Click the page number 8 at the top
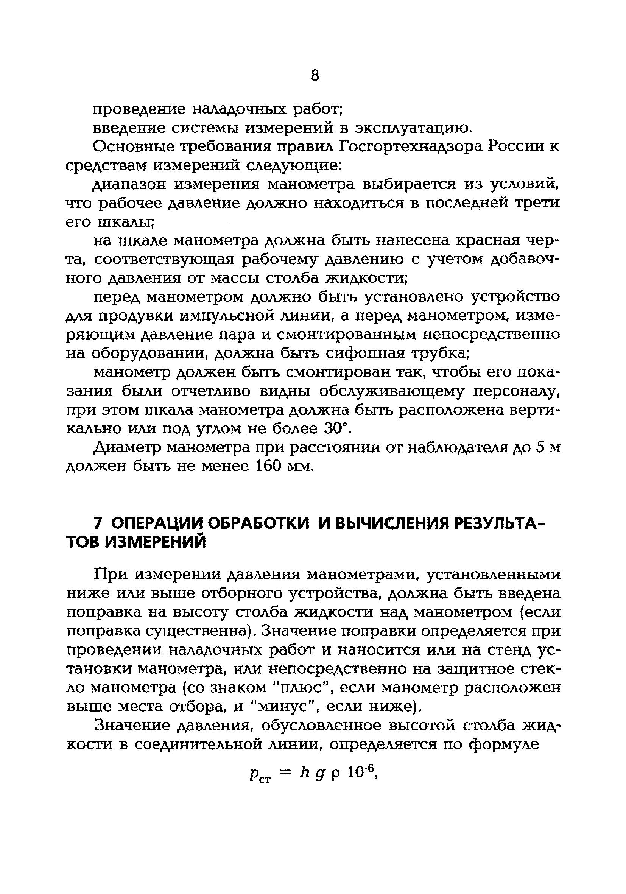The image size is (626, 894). (x=315, y=75)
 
